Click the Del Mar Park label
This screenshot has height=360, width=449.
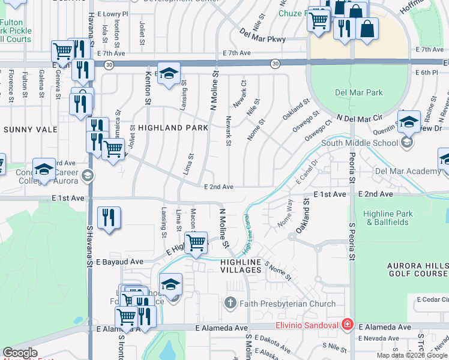[x=358, y=93]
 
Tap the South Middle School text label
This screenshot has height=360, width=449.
[x=359, y=143]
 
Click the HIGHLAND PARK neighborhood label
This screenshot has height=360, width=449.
[x=173, y=128]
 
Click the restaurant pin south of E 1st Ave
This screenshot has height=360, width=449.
[x=109, y=218]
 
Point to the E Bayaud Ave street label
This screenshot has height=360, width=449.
[x=119, y=262]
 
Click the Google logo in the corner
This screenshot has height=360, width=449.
[x=20, y=353]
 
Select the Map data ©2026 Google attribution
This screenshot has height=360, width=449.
[x=412, y=355]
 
